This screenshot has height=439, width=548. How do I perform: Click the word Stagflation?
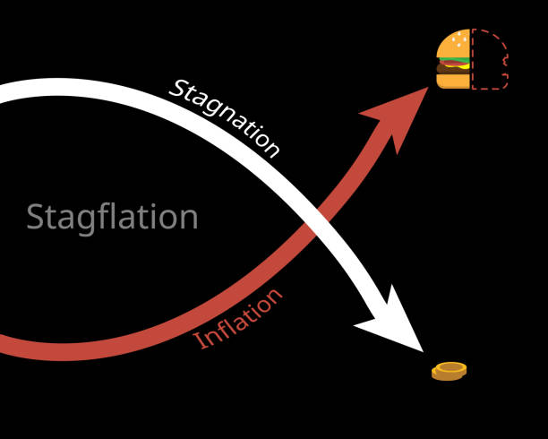(x=112, y=219)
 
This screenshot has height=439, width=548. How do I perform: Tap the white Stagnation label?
(x=225, y=118)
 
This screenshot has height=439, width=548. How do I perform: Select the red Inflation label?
(x=237, y=319)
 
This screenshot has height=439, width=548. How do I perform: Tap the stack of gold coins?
(x=450, y=371)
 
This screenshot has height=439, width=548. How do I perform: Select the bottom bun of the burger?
(x=453, y=81)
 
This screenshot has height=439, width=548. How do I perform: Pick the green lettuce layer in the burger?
(x=454, y=59)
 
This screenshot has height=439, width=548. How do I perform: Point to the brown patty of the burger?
(x=453, y=70)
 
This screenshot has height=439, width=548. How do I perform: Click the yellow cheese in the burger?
(x=464, y=65)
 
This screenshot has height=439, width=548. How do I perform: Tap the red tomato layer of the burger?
(x=452, y=64)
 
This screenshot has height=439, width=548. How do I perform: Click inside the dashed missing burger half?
(x=489, y=59)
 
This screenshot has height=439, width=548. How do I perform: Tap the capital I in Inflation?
(x=200, y=340)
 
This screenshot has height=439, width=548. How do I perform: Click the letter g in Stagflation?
(x=86, y=223)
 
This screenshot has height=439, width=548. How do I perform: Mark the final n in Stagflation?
(x=189, y=219)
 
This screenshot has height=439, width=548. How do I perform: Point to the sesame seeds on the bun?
(x=458, y=40)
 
